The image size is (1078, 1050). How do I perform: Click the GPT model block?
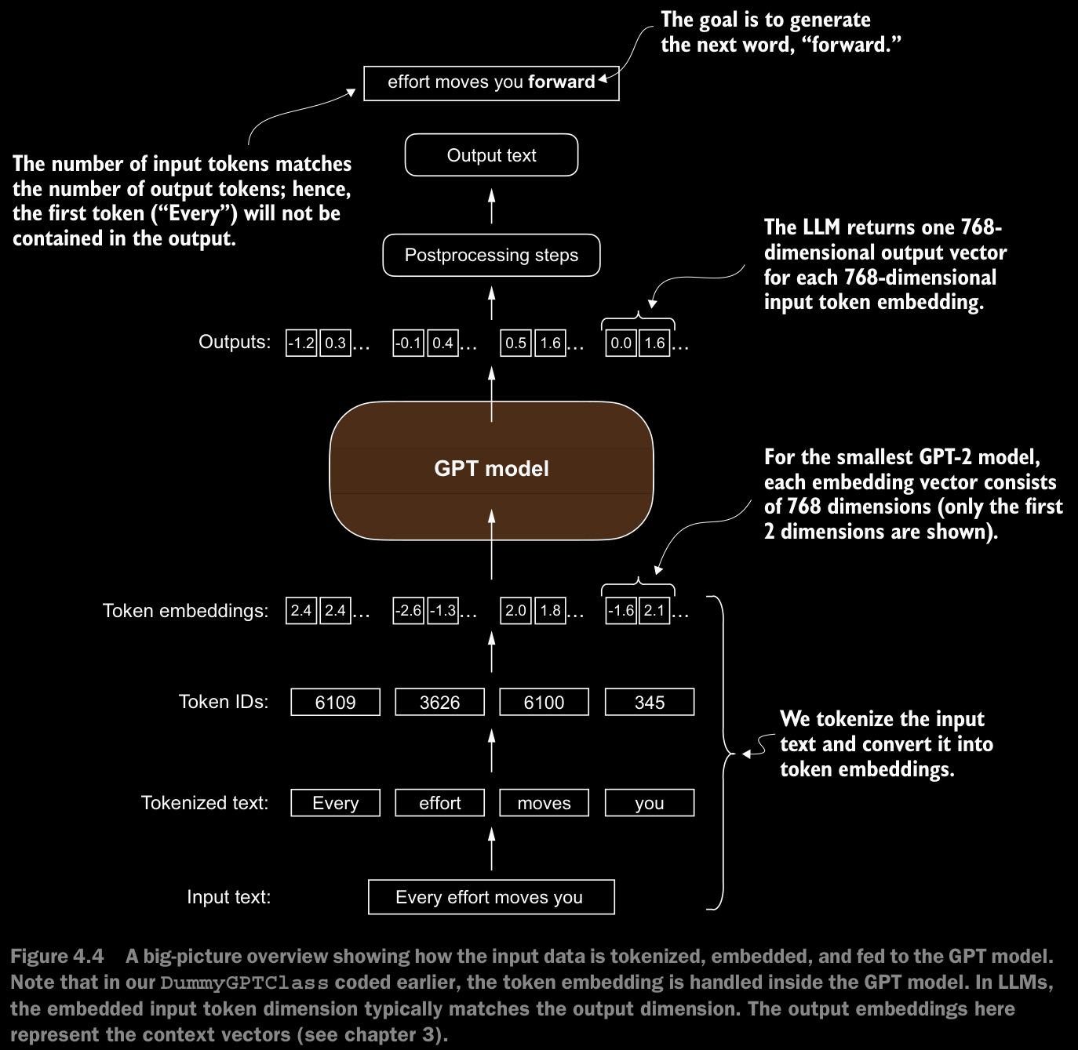[x=491, y=471]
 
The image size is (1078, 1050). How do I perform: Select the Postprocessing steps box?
[x=491, y=256]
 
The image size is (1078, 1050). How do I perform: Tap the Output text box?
[x=491, y=155]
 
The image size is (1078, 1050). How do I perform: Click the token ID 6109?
[x=335, y=702]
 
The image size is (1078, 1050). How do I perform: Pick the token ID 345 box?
[x=650, y=702]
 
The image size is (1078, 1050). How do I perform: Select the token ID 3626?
[x=440, y=702]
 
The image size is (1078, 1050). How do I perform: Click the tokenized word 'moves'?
[x=544, y=803]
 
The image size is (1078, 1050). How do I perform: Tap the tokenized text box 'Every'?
[x=335, y=803]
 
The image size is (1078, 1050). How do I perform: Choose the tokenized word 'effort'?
[x=440, y=803]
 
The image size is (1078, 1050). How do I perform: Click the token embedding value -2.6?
[x=408, y=611]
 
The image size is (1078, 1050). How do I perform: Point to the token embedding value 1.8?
[x=550, y=611]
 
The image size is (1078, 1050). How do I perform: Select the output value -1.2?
[x=301, y=343]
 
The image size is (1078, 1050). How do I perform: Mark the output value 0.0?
[x=621, y=343]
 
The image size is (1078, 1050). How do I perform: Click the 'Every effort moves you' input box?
[x=491, y=897]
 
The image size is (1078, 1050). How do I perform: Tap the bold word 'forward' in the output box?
[x=561, y=82]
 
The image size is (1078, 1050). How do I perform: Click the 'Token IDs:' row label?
[x=224, y=702]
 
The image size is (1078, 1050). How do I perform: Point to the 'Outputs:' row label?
[x=235, y=342]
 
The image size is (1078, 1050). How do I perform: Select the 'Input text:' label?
[x=229, y=896]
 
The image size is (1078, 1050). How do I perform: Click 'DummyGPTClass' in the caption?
[x=244, y=983]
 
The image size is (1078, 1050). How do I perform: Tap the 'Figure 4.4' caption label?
[x=57, y=957]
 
